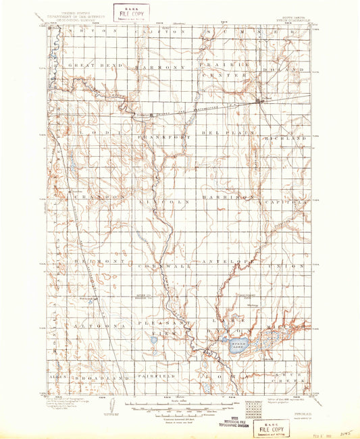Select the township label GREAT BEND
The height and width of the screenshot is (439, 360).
point(91,67)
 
